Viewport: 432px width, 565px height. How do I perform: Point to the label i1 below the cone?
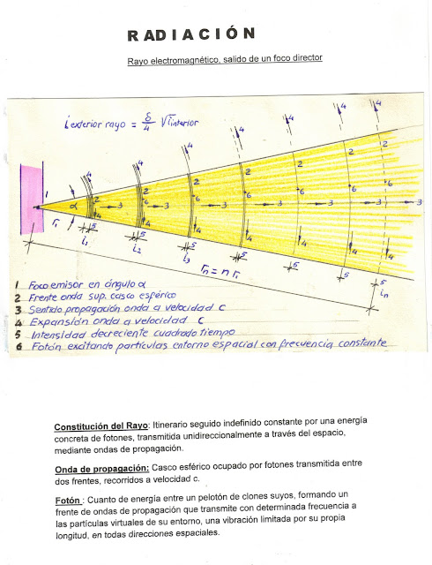(x=83, y=240)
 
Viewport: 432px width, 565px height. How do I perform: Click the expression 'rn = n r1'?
(x=220, y=271)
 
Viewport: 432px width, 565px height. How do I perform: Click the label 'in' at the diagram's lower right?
(x=383, y=292)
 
